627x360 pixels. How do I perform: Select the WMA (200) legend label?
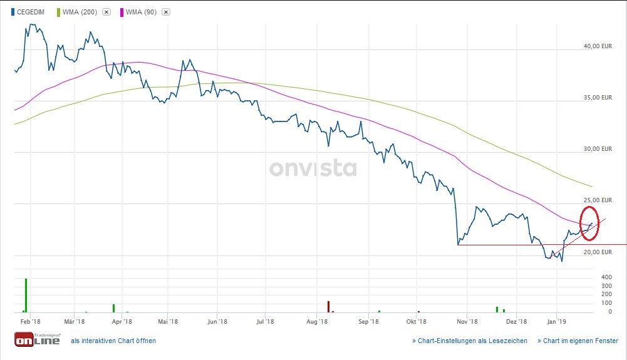coord(81,12)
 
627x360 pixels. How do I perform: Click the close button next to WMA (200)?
coord(106,12)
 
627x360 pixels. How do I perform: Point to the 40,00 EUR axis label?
coord(598,46)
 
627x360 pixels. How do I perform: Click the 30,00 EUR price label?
coord(598,149)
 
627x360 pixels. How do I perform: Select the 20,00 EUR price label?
coord(598,252)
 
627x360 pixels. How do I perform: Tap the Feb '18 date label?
coord(26,322)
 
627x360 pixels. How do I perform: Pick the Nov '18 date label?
coord(467,322)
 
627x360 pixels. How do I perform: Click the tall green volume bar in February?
coord(26,296)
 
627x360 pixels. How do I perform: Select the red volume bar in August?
coord(328,306)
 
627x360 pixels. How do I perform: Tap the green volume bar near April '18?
coord(113,308)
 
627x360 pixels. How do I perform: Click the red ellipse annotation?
coord(590,222)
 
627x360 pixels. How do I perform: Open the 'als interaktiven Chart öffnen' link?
coord(113,341)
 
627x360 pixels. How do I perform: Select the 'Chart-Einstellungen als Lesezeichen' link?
coord(469,341)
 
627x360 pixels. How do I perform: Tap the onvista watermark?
coord(313,168)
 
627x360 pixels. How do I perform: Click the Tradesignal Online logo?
coord(37,339)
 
